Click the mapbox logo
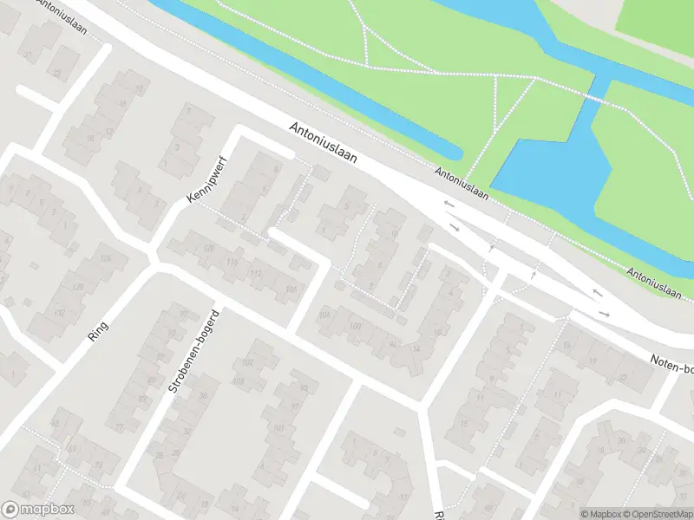point(38,510)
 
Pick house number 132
point(59,312)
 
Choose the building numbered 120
point(208,249)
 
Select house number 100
point(354,325)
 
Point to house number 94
point(392,343)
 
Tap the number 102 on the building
point(247,362)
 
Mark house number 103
point(238,381)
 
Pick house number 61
point(36,468)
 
